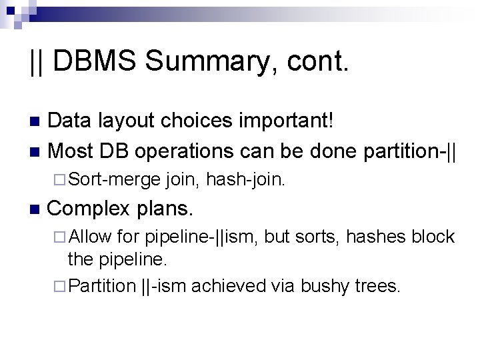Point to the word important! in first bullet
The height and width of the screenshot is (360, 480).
[x=292, y=121]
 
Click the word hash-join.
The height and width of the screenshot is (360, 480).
[x=246, y=178]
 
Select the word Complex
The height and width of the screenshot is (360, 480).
[x=89, y=209]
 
